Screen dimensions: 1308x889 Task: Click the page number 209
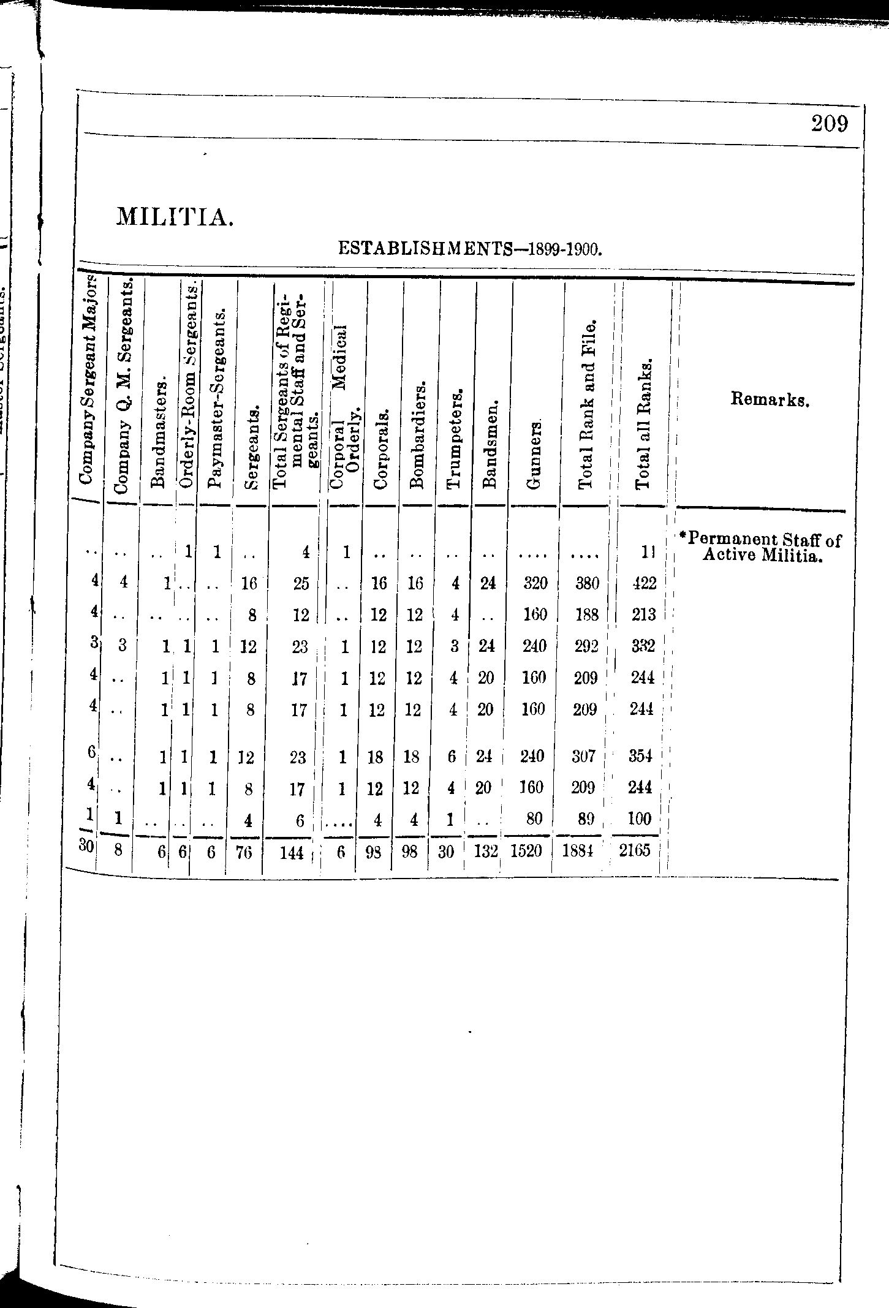click(x=830, y=124)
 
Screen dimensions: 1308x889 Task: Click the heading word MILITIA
click(x=175, y=216)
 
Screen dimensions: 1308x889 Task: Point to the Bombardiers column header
click(x=418, y=436)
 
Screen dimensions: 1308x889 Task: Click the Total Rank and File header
click(x=586, y=404)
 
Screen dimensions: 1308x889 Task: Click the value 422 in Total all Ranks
click(x=644, y=583)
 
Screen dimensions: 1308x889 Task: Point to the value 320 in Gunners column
click(x=535, y=583)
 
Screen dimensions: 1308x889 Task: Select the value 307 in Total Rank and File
click(x=583, y=757)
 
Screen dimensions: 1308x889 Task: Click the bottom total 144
click(x=292, y=852)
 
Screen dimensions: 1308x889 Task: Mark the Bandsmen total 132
click(x=486, y=852)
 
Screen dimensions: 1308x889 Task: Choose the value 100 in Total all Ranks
click(x=640, y=818)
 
